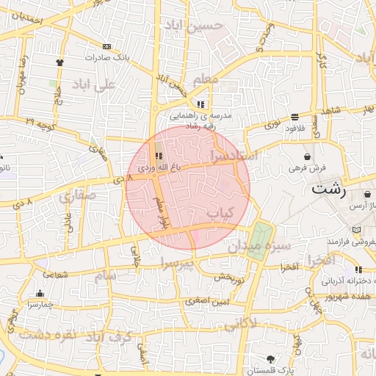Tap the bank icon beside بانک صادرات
[x=107, y=46]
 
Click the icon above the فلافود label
[x=294, y=117]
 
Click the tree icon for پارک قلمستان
[x=271, y=358]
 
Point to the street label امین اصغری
[x=208, y=301]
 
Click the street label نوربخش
[x=228, y=278]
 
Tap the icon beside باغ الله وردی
[x=159, y=156]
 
